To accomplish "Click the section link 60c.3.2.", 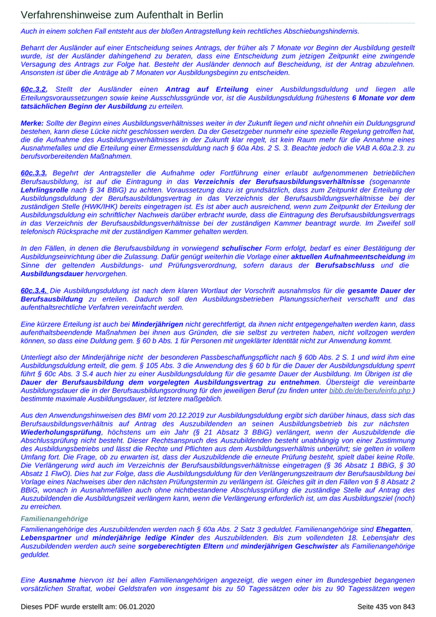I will coord(34,90).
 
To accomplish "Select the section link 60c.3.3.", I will coord(34,172).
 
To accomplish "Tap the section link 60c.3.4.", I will coord(34,290).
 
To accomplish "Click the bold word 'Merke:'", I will coord(32,123).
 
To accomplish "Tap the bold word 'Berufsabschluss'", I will coord(345,265).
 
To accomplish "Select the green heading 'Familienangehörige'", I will coord(54,519).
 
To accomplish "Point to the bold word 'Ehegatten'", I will coord(394,529).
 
